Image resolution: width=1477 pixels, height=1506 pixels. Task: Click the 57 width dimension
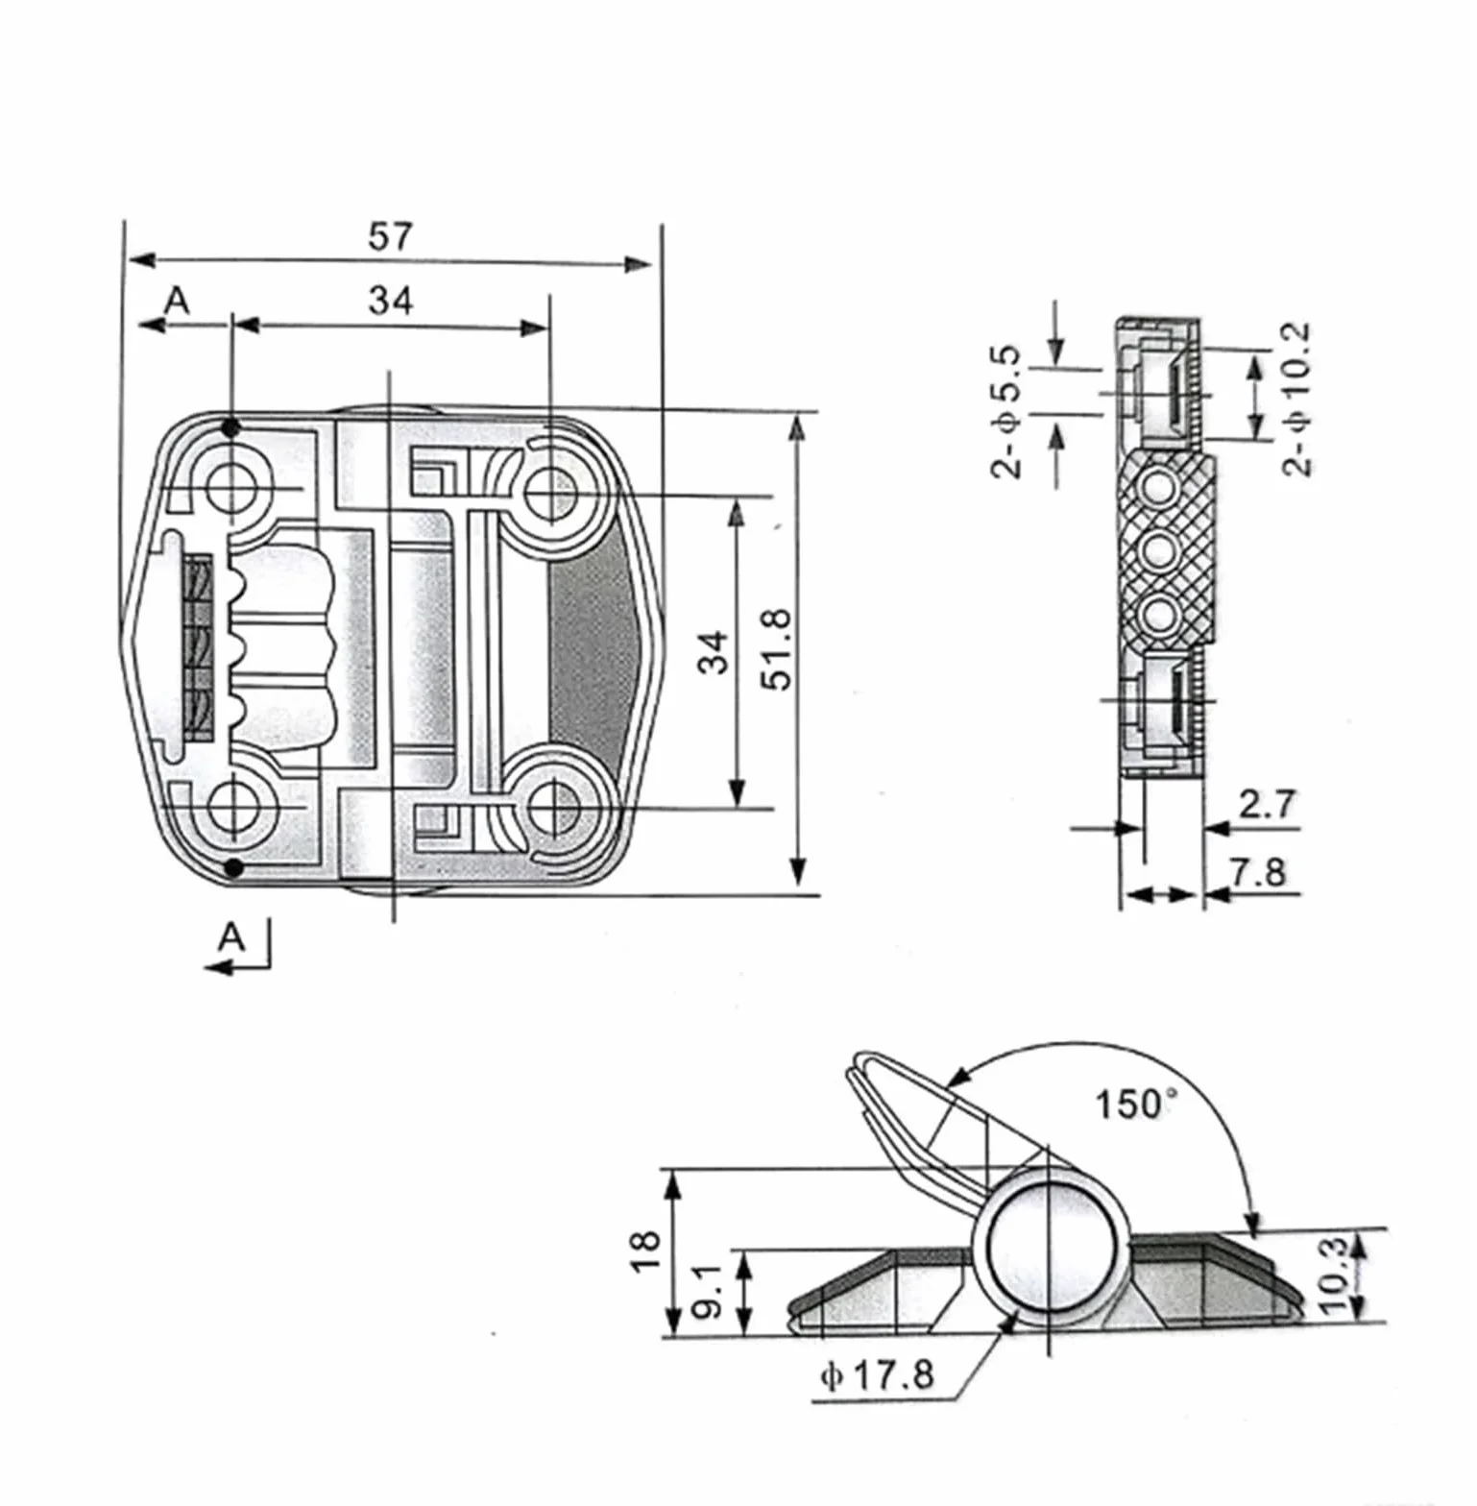point(390,236)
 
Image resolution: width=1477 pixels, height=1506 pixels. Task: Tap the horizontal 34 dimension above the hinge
point(391,301)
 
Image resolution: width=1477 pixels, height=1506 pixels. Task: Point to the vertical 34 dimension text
point(713,652)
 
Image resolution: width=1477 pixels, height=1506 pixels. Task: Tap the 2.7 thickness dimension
point(1267,803)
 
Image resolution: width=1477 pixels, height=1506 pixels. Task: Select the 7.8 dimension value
point(1258,872)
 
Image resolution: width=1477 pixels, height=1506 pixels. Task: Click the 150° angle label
point(1135,1104)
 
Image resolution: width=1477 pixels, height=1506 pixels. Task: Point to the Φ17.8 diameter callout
point(877,1374)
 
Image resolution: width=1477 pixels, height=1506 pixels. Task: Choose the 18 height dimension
point(646,1251)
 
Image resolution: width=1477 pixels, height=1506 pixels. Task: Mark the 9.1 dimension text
point(707,1293)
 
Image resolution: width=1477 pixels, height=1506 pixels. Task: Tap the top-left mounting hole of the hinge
point(230,488)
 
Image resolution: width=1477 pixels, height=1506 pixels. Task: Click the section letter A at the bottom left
point(230,935)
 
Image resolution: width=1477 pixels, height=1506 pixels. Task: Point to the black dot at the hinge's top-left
point(230,427)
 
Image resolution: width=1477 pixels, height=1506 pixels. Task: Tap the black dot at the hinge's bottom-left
point(232,868)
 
